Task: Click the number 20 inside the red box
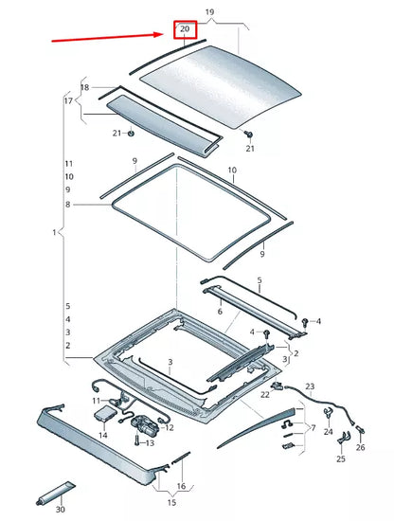point(185,29)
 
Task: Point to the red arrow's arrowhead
point(162,35)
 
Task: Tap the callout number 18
point(84,87)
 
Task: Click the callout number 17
point(68,100)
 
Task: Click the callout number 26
point(359,448)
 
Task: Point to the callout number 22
point(265,395)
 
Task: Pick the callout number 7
point(313,428)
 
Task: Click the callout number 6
point(220,311)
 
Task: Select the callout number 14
point(102,436)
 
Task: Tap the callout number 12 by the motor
point(170,427)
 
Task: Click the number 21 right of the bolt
point(250,149)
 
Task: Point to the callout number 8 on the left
point(68,204)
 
